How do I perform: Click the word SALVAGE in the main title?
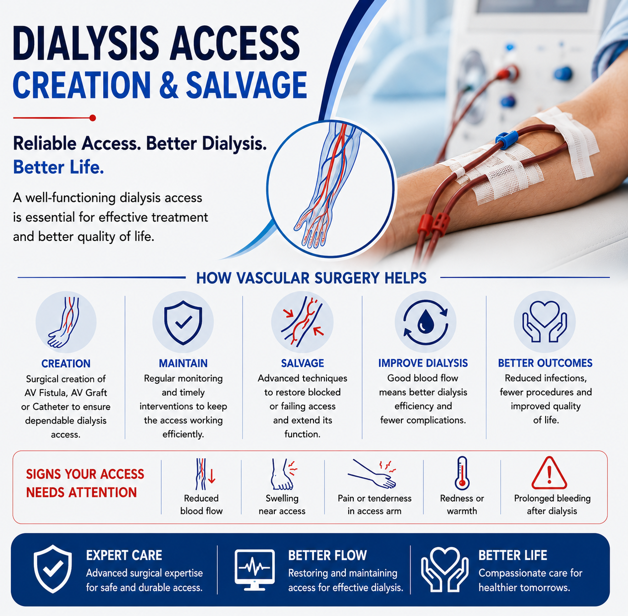[x=246, y=85]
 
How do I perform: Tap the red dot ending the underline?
[x=93, y=118]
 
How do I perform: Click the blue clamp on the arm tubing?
[x=506, y=139]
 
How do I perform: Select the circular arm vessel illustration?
[x=331, y=188]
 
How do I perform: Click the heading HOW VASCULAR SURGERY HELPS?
[x=311, y=278]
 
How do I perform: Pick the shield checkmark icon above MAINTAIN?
[x=183, y=322]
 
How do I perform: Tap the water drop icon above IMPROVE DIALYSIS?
[x=425, y=322]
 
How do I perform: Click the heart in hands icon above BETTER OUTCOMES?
[x=545, y=321]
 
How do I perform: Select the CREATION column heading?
[x=66, y=364]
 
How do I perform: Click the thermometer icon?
[x=462, y=473]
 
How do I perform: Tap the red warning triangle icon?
[x=549, y=473]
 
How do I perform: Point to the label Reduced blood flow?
[x=201, y=504]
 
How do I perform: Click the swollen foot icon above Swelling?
[x=283, y=474]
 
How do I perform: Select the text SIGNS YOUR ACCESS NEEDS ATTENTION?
[x=85, y=483]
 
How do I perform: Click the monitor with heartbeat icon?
[x=254, y=570]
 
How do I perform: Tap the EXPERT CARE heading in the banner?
[x=124, y=555]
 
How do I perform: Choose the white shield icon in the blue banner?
[x=53, y=569]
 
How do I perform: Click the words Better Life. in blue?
[x=59, y=167]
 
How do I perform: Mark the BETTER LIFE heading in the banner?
[x=512, y=555]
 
